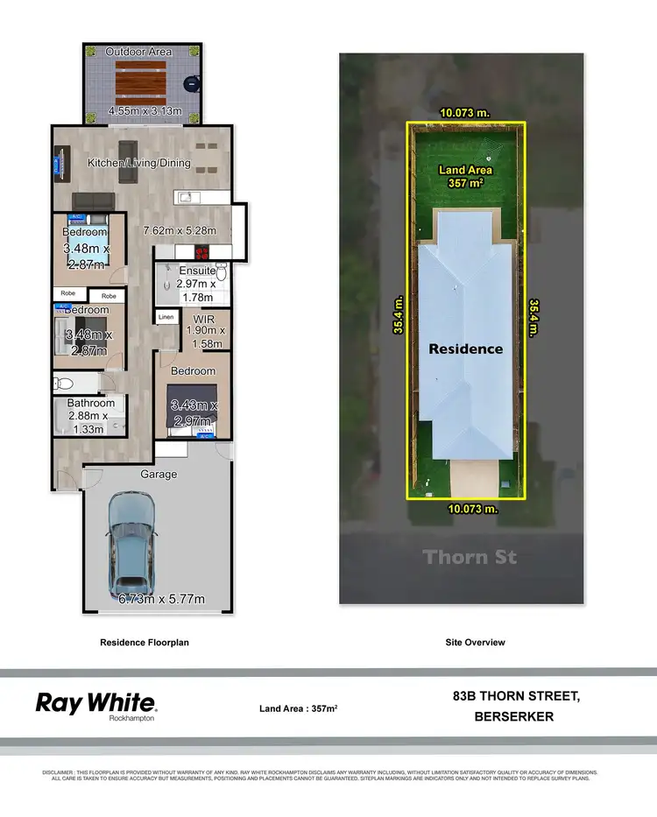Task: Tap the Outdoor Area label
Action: tap(139, 53)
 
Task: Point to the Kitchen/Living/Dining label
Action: tap(139, 163)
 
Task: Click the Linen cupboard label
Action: tap(166, 317)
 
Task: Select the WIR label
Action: tap(205, 318)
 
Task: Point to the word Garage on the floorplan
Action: tap(159, 475)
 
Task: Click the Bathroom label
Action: tap(91, 404)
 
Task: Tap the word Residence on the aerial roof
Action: tap(465, 349)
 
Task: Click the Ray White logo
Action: tap(95, 703)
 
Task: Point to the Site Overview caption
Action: tap(474, 642)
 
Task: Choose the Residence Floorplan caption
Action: tap(145, 642)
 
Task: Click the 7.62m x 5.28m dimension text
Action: tap(186, 232)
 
